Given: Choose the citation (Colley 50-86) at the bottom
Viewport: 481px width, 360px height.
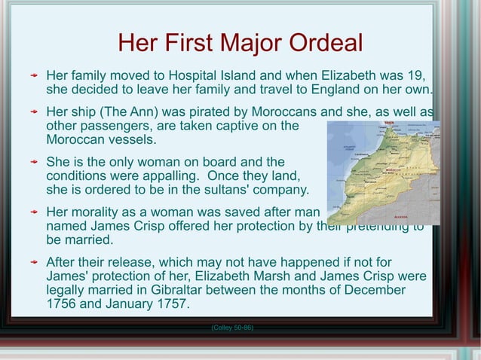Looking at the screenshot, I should pos(232,328).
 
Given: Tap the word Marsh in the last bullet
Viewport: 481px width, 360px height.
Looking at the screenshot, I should pos(297,276).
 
